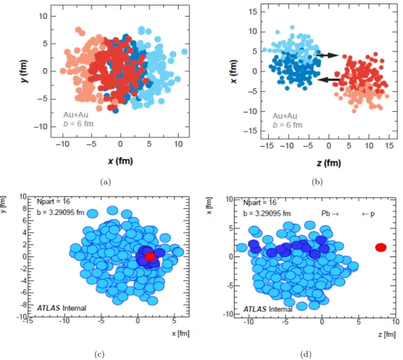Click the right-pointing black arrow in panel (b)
tap(328, 55)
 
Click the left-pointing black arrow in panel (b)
tap(329, 80)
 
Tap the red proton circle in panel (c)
tap(150, 256)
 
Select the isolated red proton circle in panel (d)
tap(381, 247)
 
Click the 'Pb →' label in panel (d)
tap(330, 213)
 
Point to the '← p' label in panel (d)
tap(368, 214)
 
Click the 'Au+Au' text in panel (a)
tap(76, 115)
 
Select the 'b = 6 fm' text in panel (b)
tap(288, 125)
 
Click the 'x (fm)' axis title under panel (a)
tap(120, 161)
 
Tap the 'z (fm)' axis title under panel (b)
tap(329, 163)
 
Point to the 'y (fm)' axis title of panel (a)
tap(24, 71)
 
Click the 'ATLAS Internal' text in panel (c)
tap(62, 308)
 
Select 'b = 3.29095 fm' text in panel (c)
tap(60, 213)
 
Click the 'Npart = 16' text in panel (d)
tap(260, 203)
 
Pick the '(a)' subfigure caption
tap(106, 182)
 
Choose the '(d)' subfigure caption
tap(306, 354)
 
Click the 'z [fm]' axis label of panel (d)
tap(387, 334)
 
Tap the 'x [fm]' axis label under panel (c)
tap(181, 334)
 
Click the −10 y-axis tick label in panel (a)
tap(41, 126)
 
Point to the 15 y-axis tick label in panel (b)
tap(253, 12)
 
